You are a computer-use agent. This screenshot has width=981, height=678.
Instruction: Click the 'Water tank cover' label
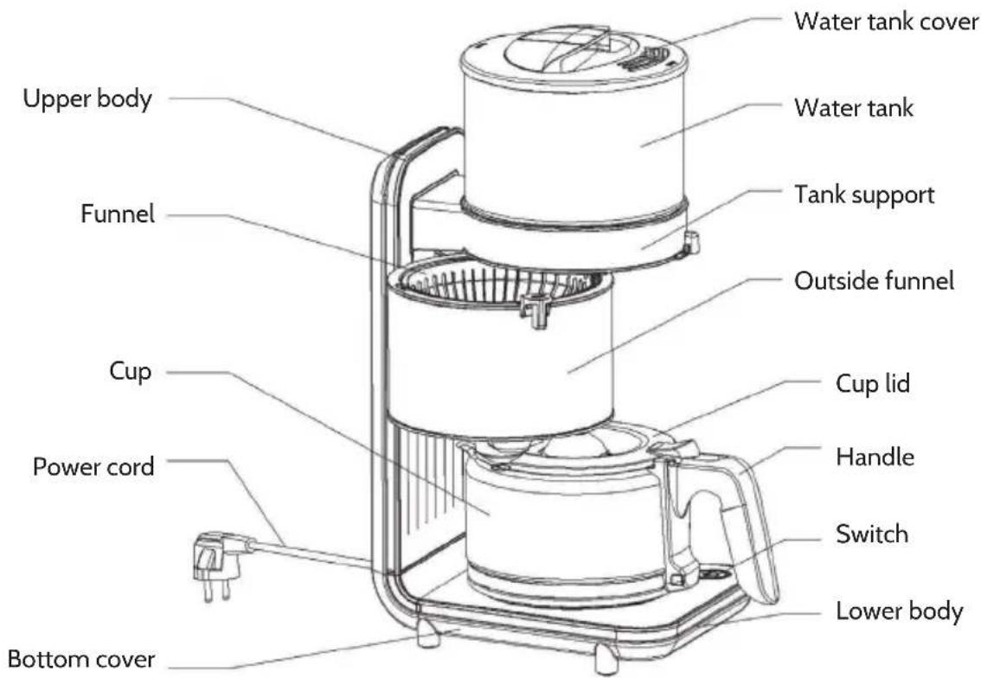(886, 21)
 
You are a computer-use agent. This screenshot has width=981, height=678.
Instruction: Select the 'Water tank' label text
(853, 107)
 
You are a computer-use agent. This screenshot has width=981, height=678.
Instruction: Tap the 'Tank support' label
(864, 195)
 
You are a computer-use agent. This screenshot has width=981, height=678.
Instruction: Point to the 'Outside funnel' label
(874, 281)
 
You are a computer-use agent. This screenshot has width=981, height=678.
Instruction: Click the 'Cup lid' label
(873, 383)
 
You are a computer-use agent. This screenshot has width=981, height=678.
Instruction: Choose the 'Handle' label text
(875, 457)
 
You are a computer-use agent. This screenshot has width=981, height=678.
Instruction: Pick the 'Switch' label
(871, 534)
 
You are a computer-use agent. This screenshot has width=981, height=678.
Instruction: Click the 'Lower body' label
(899, 611)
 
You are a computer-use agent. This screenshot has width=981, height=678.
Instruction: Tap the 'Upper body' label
(87, 99)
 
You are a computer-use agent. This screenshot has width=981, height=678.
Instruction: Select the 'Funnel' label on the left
(117, 214)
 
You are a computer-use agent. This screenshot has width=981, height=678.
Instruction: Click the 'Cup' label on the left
(130, 372)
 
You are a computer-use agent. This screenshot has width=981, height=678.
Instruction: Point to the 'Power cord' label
(93, 467)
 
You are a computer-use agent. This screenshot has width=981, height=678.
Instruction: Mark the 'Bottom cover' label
(80, 659)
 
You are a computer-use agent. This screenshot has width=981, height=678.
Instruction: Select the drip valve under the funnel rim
(535, 310)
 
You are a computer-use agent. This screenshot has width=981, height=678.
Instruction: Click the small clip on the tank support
(691, 242)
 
